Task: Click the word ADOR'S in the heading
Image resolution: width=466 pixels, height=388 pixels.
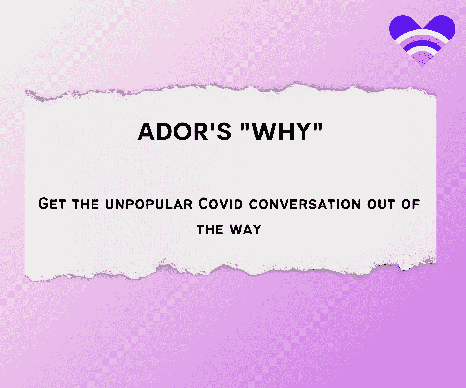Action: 184,132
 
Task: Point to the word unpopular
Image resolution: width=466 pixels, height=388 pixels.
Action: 149,204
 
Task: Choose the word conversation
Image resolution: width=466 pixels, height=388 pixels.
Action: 305,204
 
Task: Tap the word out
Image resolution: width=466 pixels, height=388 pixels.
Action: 381,204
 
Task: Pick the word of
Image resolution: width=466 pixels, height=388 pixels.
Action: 410,204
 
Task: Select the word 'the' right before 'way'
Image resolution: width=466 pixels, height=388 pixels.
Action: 210,229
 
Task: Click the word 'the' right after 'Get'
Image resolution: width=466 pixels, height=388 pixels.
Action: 86,204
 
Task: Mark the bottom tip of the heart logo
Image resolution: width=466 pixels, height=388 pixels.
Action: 422,67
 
